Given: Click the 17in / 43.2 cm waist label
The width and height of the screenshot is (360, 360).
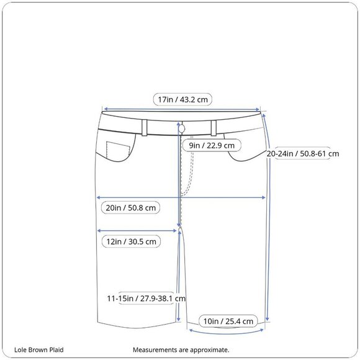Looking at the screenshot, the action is [182, 100].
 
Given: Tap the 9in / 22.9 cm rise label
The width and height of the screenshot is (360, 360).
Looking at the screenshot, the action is [212, 146].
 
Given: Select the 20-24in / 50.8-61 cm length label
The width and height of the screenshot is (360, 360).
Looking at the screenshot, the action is [303, 153].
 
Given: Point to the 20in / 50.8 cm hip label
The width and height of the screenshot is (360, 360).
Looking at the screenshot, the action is [130, 208].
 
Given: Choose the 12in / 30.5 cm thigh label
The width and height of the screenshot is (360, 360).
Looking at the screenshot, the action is [131, 241].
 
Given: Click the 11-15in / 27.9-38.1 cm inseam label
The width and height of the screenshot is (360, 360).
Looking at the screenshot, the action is [146, 298].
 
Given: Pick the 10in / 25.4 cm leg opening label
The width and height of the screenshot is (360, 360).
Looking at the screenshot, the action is [228, 321].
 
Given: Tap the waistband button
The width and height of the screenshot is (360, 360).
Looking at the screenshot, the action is [182, 129].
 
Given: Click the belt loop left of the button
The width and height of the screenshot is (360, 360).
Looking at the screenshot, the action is [145, 128].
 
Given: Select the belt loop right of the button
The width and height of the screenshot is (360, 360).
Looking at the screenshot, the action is [214, 128].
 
